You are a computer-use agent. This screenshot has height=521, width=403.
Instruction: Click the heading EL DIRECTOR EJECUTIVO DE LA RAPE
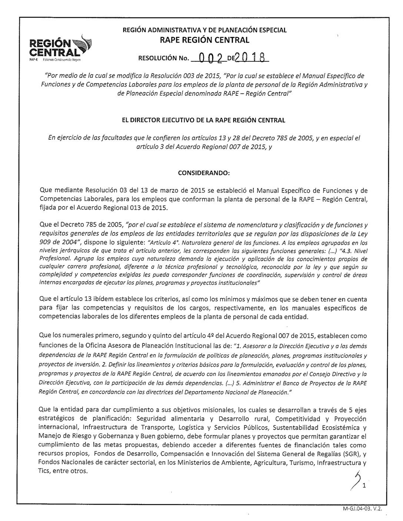coord(201,120)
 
